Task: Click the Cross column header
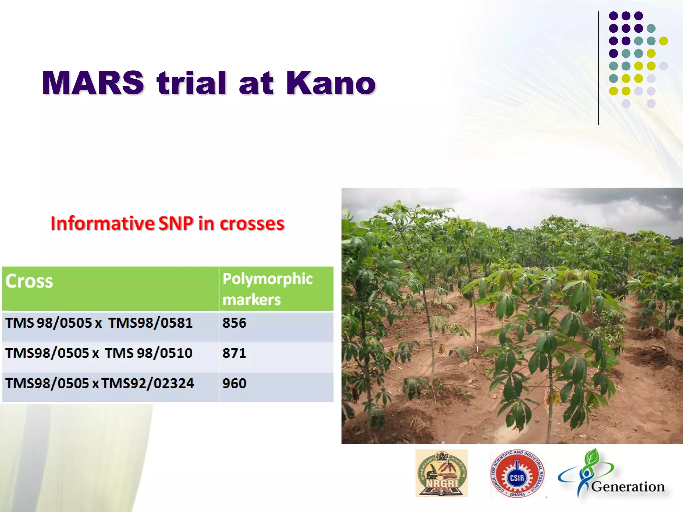pos(29,281)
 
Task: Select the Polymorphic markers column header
pos(267,289)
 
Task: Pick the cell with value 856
pos(234,323)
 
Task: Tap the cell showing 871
pos(234,353)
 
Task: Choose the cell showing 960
pos(234,383)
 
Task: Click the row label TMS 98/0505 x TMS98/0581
pos(99,323)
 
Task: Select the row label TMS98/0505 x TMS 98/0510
pos(99,353)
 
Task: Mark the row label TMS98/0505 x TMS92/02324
pos(100,383)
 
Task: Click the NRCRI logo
pos(442,473)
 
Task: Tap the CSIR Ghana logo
pos(517,473)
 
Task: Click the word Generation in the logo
pos(628,487)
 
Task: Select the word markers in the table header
pos(251,299)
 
